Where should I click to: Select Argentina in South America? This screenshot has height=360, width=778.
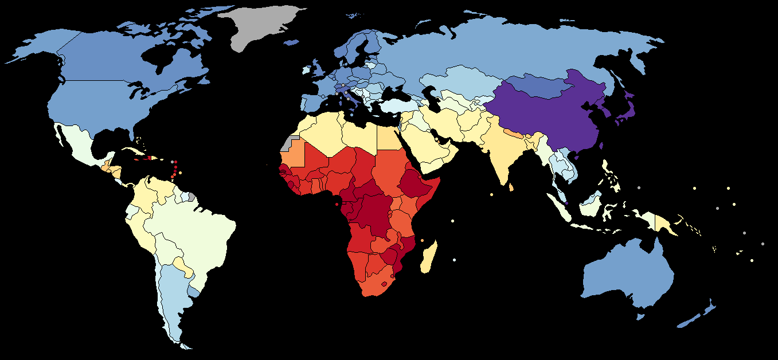[x=172, y=292]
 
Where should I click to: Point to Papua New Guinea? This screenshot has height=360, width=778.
[x=665, y=224]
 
